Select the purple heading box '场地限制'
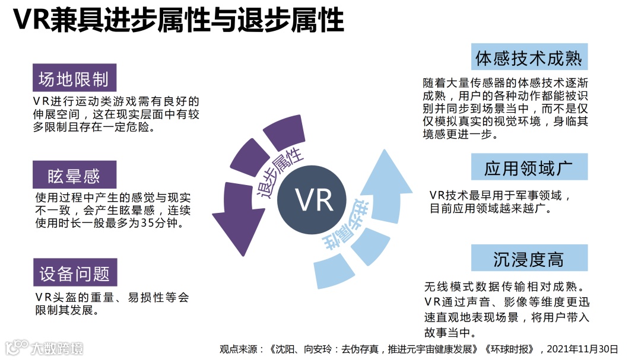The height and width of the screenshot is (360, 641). (x=74, y=79)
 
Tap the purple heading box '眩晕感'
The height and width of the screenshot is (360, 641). (x=74, y=176)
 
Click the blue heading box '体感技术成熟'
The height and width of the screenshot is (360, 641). (x=529, y=58)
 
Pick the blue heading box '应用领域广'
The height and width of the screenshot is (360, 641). (x=528, y=168)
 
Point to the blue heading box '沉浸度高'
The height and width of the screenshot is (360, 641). (x=529, y=259)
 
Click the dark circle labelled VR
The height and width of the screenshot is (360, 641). (x=315, y=200)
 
